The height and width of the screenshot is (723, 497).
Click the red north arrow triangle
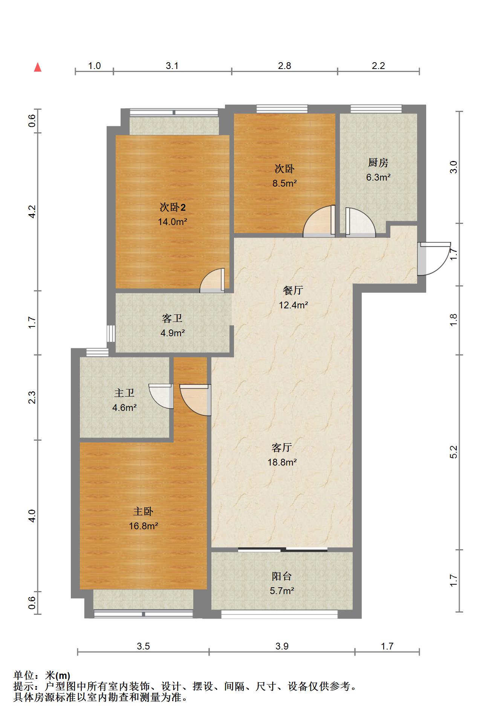coord(38,67)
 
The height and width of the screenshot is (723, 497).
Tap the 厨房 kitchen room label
coord(378,162)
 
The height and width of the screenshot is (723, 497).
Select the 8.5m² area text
coord(284,183)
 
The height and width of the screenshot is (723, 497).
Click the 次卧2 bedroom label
coord(173,207)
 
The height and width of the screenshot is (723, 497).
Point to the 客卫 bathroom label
coord(172,319)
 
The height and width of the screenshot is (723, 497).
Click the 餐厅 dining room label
coord(293,290)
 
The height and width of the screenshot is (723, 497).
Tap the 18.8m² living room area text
coord(282,462)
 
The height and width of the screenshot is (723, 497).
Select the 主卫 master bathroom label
coord(124,393)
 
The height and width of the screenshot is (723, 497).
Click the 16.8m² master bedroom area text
coord(143,525)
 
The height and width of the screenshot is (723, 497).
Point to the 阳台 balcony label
coord(282,576)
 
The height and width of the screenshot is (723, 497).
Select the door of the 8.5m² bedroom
coord(319,221)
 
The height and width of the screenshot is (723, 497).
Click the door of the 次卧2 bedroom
coord(212,280)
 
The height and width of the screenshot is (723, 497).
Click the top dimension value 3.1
coord(172,66)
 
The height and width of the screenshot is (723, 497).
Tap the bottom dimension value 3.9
coord(282,646)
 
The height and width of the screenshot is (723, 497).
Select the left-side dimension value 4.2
coord(32,211)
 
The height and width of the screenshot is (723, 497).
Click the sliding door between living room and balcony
coord(283,549)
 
